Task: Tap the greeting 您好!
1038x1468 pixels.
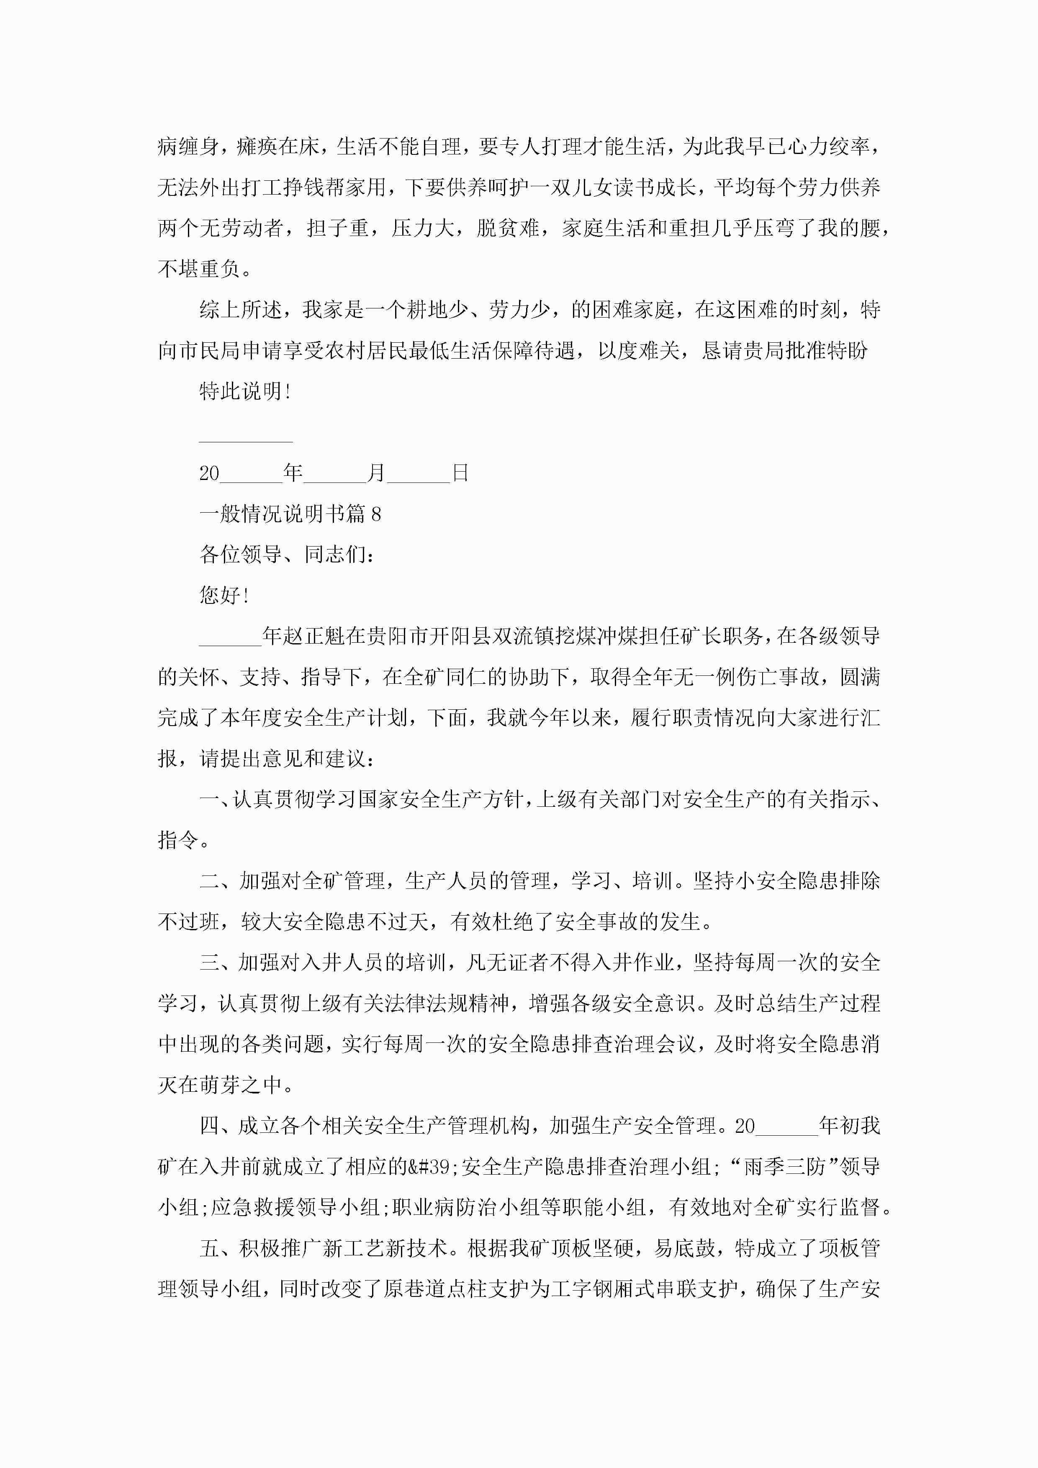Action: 224,595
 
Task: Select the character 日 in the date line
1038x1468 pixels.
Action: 460,473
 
